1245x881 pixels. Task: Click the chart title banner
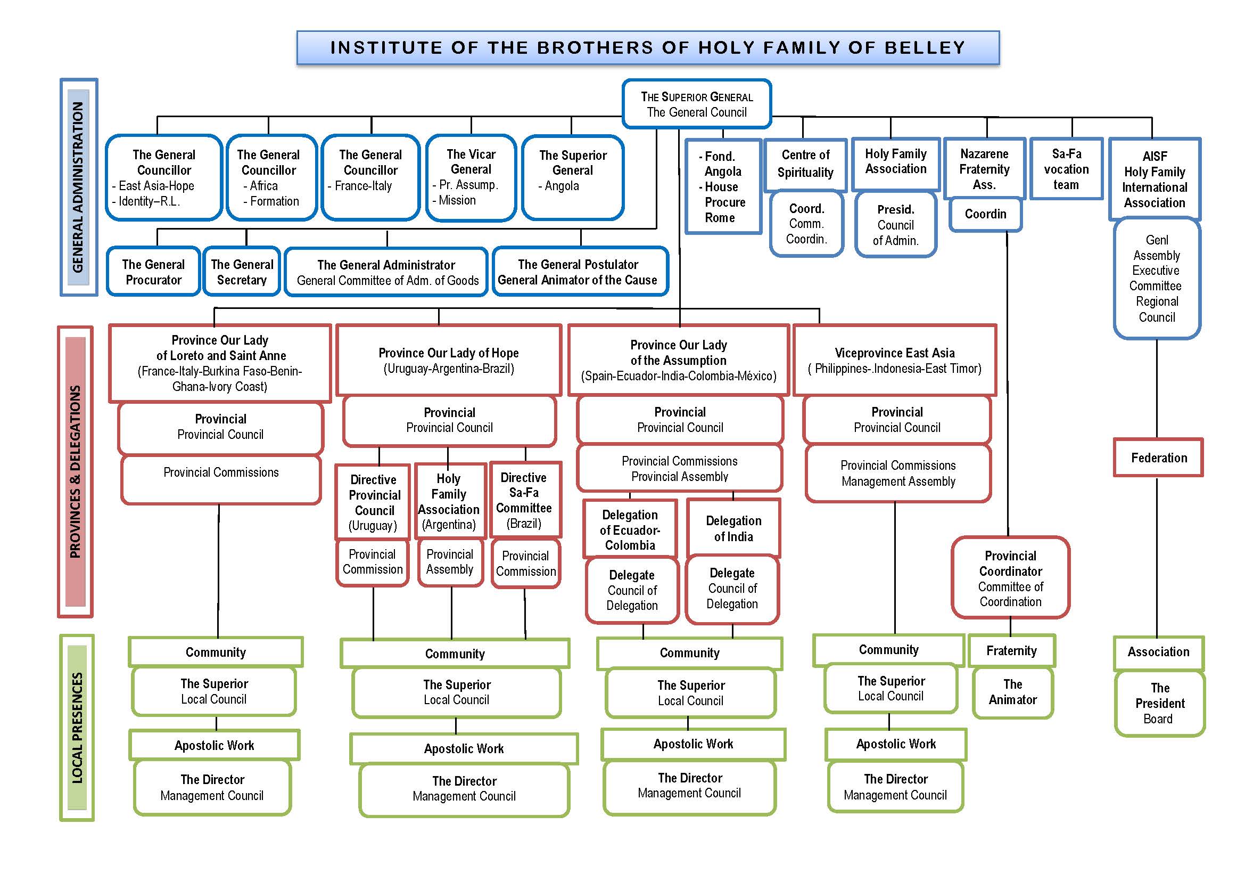click(647, 48)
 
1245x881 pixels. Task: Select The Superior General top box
click(697, 104)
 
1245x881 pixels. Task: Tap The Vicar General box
click(471, 177)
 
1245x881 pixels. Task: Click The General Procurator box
click(153, 272)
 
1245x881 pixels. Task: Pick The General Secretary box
click(242, 272)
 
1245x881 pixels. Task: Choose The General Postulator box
click(580, 272)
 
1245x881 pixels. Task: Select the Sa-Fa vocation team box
click(1066, 169)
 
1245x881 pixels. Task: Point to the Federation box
click(1158, 458)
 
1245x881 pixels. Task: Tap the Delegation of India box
click(733, 528)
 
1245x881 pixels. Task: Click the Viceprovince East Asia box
click(895, 360)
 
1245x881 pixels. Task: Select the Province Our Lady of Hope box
click(448, 360)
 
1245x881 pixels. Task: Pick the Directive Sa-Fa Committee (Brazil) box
click(524, 500)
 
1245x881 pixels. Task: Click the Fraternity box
click(1011, 650)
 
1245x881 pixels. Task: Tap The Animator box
click(1012, 692)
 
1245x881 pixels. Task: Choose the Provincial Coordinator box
click(1011, 578)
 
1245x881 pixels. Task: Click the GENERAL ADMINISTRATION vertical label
click(79, 187)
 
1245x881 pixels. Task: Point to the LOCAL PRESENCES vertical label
click(77, 728)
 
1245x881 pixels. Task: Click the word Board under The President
click(1158, 719)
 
